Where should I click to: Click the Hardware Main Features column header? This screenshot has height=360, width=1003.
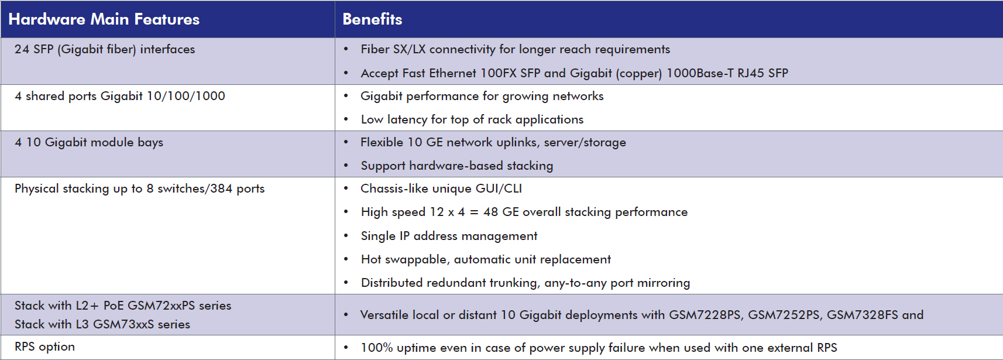[104, 19]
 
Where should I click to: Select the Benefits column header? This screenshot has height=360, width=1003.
[372, 19]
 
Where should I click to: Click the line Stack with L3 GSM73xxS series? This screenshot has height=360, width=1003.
[102, 324]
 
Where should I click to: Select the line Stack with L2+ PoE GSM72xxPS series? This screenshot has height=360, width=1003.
[123, 306]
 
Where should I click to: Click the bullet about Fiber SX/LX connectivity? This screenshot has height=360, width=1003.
[515, 49]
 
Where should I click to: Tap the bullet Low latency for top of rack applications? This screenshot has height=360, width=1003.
[472, 119]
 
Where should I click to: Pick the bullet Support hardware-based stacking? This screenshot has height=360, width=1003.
[456, 166]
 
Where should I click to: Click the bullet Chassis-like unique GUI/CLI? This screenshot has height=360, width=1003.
[441, 188]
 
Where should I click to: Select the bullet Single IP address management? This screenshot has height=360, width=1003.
[449, 236]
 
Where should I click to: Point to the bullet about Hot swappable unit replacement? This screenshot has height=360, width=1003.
[485, 259]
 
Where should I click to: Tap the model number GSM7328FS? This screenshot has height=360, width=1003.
[863, 315]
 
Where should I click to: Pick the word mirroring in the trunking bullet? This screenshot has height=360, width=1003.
[663, 283]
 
